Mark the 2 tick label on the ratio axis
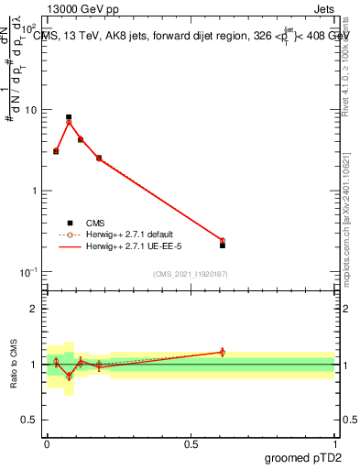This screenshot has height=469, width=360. pyautogui.click(x=37, y=309)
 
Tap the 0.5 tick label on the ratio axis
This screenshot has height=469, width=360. pyautogui.click(x=32, y=420)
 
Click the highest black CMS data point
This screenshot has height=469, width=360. pyautogui.click(x=69, y=117)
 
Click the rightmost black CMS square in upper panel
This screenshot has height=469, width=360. pyautogui.click(x=223, y=245)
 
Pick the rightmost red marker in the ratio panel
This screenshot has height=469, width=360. pyautogui.click(x=223, y=352)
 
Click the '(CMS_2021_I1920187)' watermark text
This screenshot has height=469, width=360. pyautogui.click(x=191, y=274)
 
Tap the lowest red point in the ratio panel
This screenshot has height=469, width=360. pyautogui.click(x=69, y=376)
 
